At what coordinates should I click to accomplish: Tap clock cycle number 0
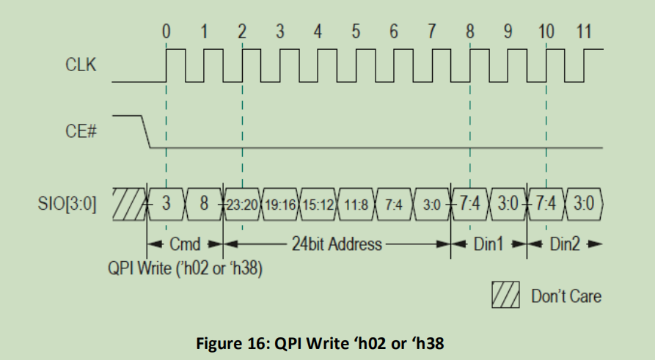tap(166, 32)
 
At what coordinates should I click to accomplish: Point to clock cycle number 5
tap(356, 32)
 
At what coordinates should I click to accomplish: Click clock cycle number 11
tap(583, 32)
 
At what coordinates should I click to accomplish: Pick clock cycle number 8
tap(469, 32)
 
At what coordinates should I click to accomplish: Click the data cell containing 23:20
tap(243, 203)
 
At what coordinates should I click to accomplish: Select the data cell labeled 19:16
tap(281, 203)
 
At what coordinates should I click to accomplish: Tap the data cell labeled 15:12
tap(318, 203)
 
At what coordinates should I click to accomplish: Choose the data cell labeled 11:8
tap(356, 203)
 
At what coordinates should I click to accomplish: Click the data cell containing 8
tap(204, 203)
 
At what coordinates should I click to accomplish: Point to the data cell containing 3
tap(167, 203)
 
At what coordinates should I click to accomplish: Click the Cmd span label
tap(185, 243)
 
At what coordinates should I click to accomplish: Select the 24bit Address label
tap(337, 243)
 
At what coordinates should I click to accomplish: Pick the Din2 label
tap(566, 243)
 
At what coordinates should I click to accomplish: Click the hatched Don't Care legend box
tap(506, 295)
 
